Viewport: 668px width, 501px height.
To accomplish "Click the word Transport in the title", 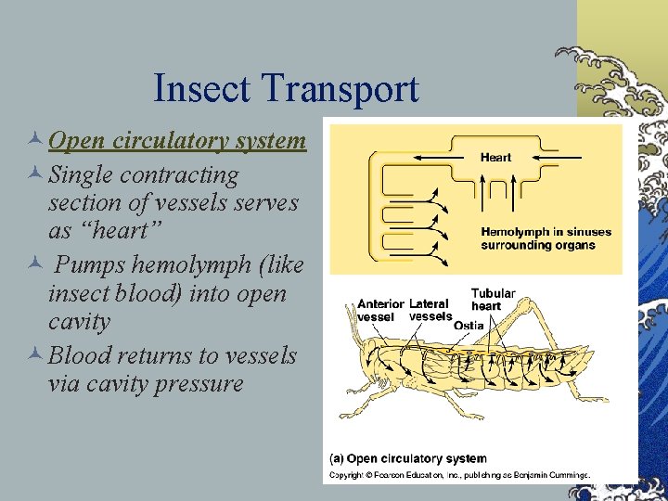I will coord(341,89).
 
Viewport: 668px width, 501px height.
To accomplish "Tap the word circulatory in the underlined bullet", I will coord(166,141).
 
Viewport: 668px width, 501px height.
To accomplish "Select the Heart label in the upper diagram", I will coord(495,158).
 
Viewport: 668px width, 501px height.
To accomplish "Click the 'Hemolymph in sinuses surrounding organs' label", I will coord(538,238).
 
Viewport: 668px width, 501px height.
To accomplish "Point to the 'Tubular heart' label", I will coord(493,300).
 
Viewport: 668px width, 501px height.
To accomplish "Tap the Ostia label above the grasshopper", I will coord(468,325).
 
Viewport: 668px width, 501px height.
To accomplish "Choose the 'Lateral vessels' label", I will coord(430,310).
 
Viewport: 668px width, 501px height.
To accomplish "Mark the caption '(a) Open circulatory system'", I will coord(408,458).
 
